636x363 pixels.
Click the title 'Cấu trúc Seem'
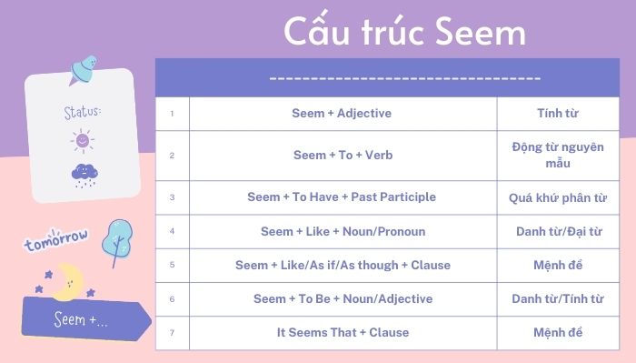click(x=405, y=32)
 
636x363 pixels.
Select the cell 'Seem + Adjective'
click(x=343, y=113)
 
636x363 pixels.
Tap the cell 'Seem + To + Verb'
click(x=343, y=156)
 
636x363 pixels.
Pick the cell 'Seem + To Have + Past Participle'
click(x=343, y=197)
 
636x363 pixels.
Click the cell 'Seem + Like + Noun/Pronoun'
click(x=343, y=231)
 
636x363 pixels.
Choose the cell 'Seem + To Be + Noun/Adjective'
click(x=343, y=298)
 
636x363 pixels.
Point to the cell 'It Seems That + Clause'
click(x=343, y=332)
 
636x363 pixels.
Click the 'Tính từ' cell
click(x=558, y=113)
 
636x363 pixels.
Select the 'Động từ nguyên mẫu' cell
click(x=558, y=156)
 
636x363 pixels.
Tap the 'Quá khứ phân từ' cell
click(x=558, y=197)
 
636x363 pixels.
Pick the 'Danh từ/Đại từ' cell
click(x=558, y=231)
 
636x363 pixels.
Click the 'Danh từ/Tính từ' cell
click(x=558, y=298)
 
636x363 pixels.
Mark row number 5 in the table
click(x=172, y=266)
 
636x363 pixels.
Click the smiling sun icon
click(x=82, y=141)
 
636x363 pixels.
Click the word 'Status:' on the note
click(x=82, y=112)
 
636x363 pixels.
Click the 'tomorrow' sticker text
click(x=56, y=240)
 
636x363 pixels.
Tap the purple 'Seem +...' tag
click(x=84, y=320)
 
